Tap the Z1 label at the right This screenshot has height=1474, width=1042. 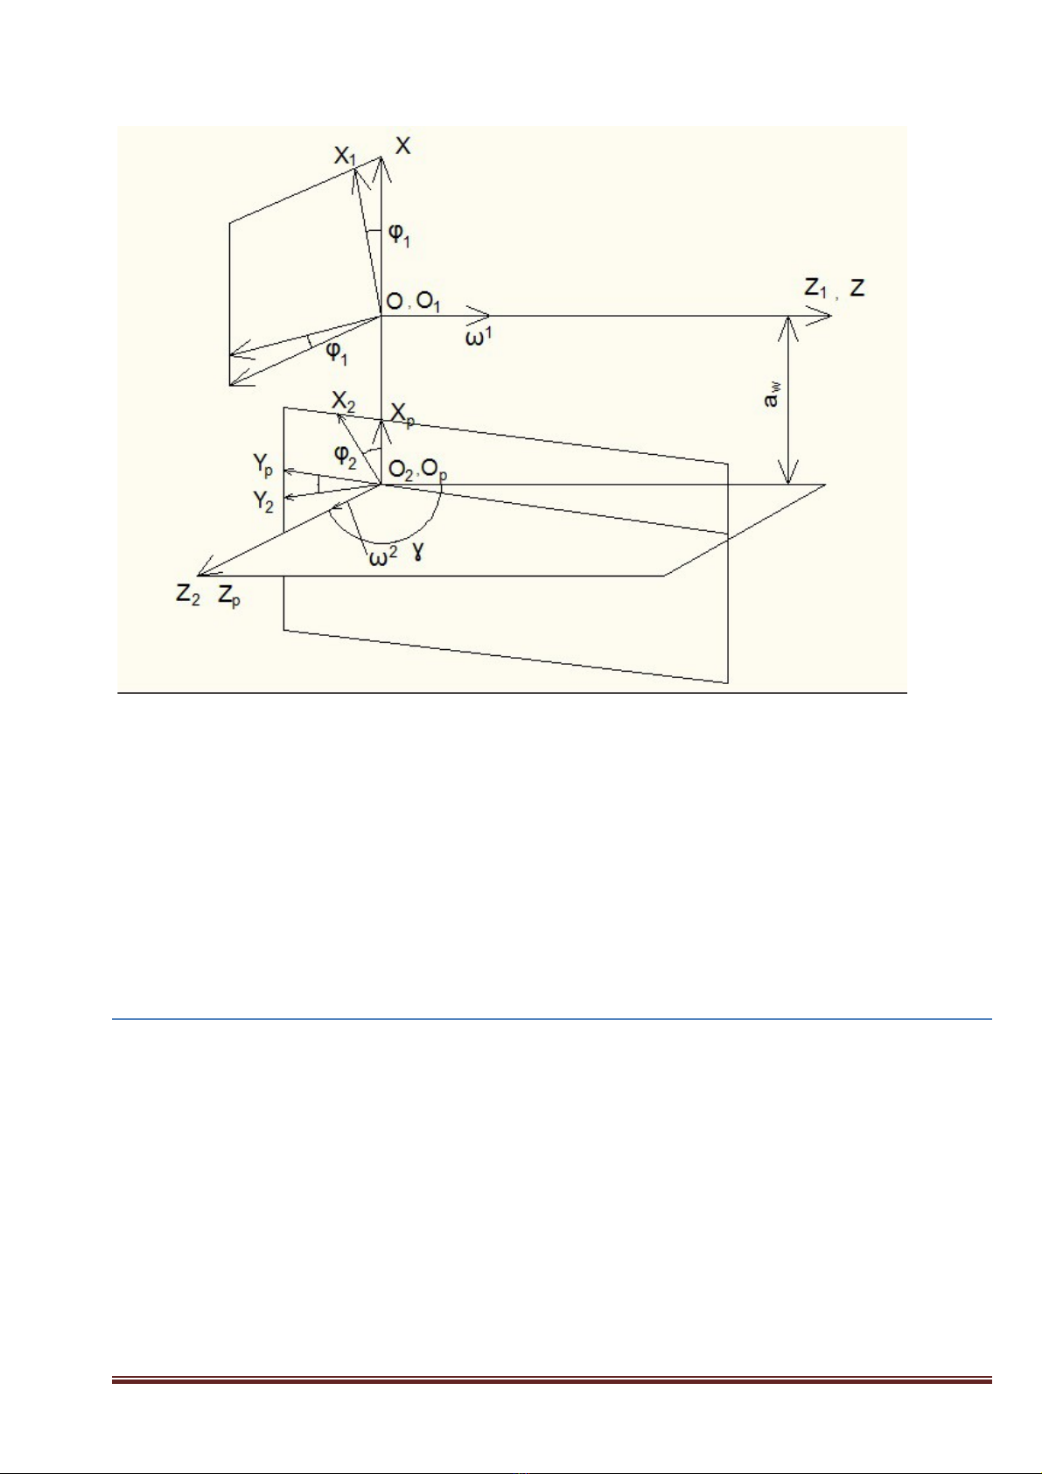point(815,290)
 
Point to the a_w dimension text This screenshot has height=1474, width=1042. point(773,395)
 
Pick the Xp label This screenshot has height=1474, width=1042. point(402,416)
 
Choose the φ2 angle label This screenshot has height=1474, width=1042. point(345,456)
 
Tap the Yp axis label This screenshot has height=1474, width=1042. point(262,466)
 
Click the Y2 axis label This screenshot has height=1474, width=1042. point(262,502)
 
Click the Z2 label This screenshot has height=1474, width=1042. point(187,596)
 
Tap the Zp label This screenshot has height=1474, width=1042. point(229,597)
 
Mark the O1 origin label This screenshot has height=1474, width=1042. point(429,303)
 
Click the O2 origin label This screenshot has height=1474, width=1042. point(400,471)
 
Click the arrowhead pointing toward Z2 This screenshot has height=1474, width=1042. point(206,569)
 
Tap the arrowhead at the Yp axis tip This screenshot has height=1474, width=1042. point(289,471)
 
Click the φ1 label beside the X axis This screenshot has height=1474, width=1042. point(399,235)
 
